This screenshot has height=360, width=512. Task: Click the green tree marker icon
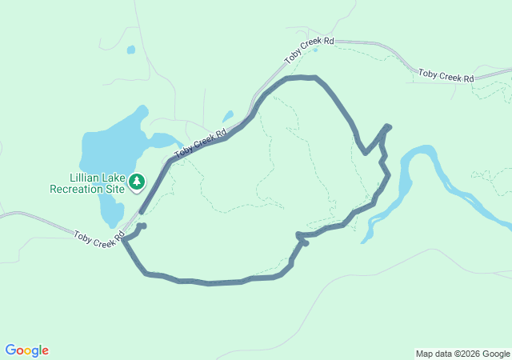tap(137, 182)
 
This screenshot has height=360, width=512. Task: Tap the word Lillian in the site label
tap(86, 178)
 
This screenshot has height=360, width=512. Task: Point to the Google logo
tap(26, 350)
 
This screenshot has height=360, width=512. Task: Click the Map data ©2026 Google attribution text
tap(462, 354)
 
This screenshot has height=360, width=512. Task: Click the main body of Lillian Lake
tap(112, 144)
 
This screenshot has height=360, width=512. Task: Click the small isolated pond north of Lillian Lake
tap(130, 50)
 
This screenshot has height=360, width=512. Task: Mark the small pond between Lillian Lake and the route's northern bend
tap(228, 116)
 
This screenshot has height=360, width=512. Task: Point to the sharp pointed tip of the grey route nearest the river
tap(388, 126)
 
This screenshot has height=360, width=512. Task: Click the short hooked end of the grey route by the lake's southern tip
tap(142, 226)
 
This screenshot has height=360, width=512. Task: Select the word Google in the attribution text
tap(496, 354)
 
